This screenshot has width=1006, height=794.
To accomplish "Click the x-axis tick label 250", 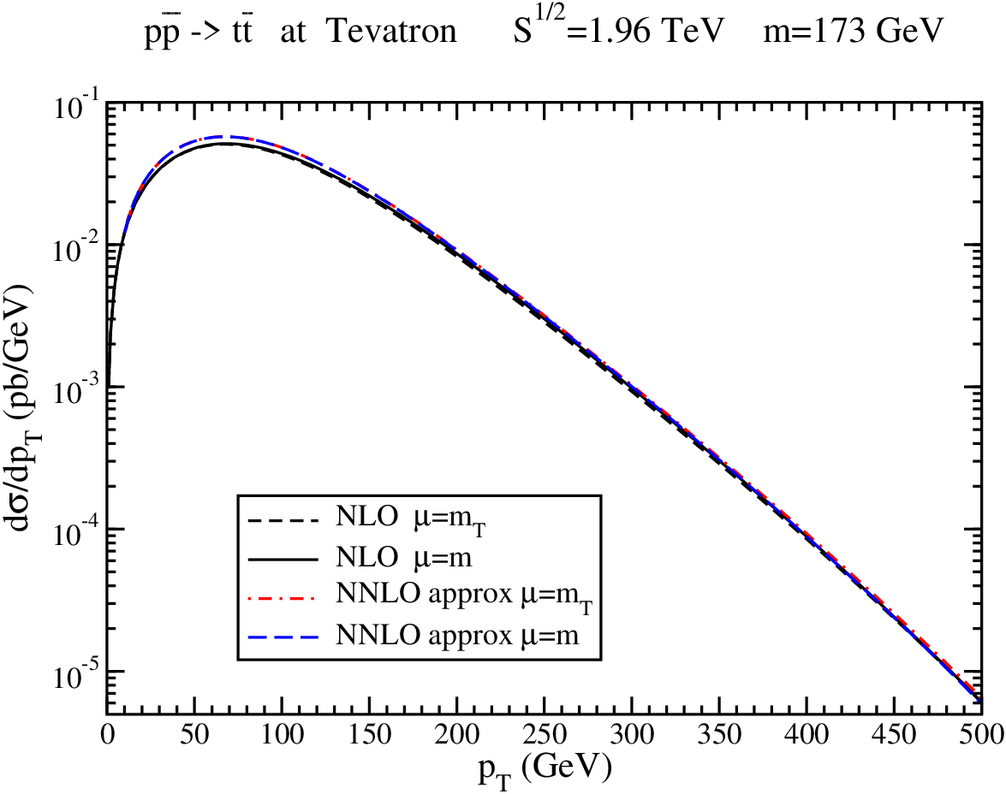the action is point(544,734).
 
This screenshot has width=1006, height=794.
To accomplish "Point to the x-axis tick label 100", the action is point(282,734).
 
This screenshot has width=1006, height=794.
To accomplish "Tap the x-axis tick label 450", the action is point(895,734).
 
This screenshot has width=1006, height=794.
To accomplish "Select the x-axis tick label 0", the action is point(107,734).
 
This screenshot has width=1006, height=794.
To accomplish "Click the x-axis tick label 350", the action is point(719,734).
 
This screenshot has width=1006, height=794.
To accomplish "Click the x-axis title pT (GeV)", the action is point(544,767).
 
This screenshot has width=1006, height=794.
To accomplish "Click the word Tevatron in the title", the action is point(392,31).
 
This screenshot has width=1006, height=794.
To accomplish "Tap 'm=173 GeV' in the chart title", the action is point(854,31).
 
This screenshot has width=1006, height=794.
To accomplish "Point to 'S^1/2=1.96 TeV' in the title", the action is point(618,28).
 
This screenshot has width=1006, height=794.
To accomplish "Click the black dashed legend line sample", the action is point(283,520).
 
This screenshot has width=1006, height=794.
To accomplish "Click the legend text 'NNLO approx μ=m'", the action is point(457,635).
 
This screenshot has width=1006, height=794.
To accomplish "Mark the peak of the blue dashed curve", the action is point(219,137).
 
